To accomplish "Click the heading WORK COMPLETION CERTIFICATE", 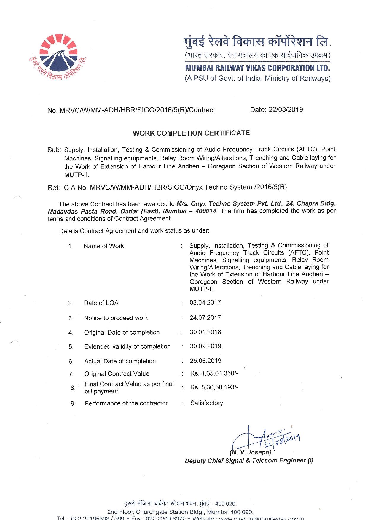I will tap(191, 133).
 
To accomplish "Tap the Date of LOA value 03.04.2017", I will tap(205, 303).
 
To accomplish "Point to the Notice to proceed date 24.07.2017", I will tap(205, 318).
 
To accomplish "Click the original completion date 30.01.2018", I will tap(205, 332).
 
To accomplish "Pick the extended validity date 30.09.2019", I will tap(206, 346).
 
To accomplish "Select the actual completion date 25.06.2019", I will tap(205, 361).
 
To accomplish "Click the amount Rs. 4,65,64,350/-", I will tap(214, 373).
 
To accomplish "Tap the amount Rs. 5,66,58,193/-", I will tap(214, 387).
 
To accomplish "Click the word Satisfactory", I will tap(207, 403).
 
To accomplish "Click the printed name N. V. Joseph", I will tap(251, 452).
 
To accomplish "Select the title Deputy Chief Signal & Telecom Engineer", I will tap(248, 460).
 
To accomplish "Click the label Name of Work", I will tap(104, 246).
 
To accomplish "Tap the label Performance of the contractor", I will tap(126, 403).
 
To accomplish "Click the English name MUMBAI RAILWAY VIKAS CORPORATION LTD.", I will tap(257, 68).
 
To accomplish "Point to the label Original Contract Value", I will tap(117, 374).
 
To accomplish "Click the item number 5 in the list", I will tap(71, 347).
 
